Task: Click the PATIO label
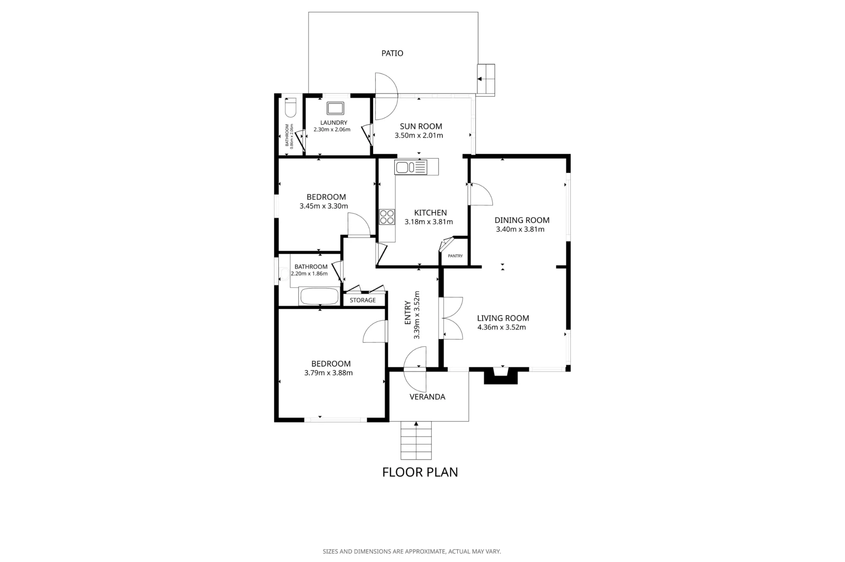click(x=392, y=53)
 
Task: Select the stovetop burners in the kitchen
click(x=387, y=217)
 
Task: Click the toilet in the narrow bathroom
click(x=291, y=107)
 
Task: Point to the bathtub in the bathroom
click(x=319, y=296)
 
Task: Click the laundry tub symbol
click(x=335, y=109)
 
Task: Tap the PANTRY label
click(x=455, y=256)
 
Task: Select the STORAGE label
click(x=363, y=300)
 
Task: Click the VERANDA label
click(x=427, y=397)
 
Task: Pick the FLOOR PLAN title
click(x=420, y=472)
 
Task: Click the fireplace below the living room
click(x=501, y=375)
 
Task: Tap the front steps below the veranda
click(x=416, y=440)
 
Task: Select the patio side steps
click(x=486, y=80)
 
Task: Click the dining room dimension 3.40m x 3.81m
click(x=520, y=229)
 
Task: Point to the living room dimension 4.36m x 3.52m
click(x=502, y=327)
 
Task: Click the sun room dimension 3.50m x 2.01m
click(x=419, y=136)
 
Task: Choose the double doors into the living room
click(x=451, y=318)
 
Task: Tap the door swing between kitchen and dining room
click(x=481, y=194)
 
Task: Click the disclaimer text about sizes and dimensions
click(x=412, y=551)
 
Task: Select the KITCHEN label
click(x=430, y=213)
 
